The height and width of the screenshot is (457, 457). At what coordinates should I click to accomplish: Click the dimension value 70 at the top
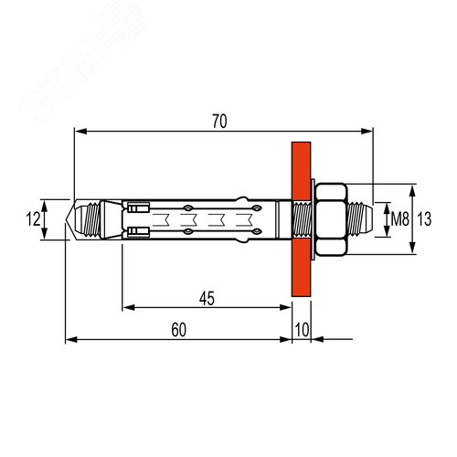click(x=219, y=121)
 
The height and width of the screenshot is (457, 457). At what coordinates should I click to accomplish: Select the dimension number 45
click(x=206, y=296)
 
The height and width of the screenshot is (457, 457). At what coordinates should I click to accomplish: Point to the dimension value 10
click(x=303, y=330)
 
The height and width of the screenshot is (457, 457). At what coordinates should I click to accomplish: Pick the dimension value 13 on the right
click(x=424, y=219)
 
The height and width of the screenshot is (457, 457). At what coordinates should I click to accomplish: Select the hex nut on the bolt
click(x=331, y=219)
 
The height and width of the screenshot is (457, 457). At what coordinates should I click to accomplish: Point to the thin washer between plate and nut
click(x=314, y=219)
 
